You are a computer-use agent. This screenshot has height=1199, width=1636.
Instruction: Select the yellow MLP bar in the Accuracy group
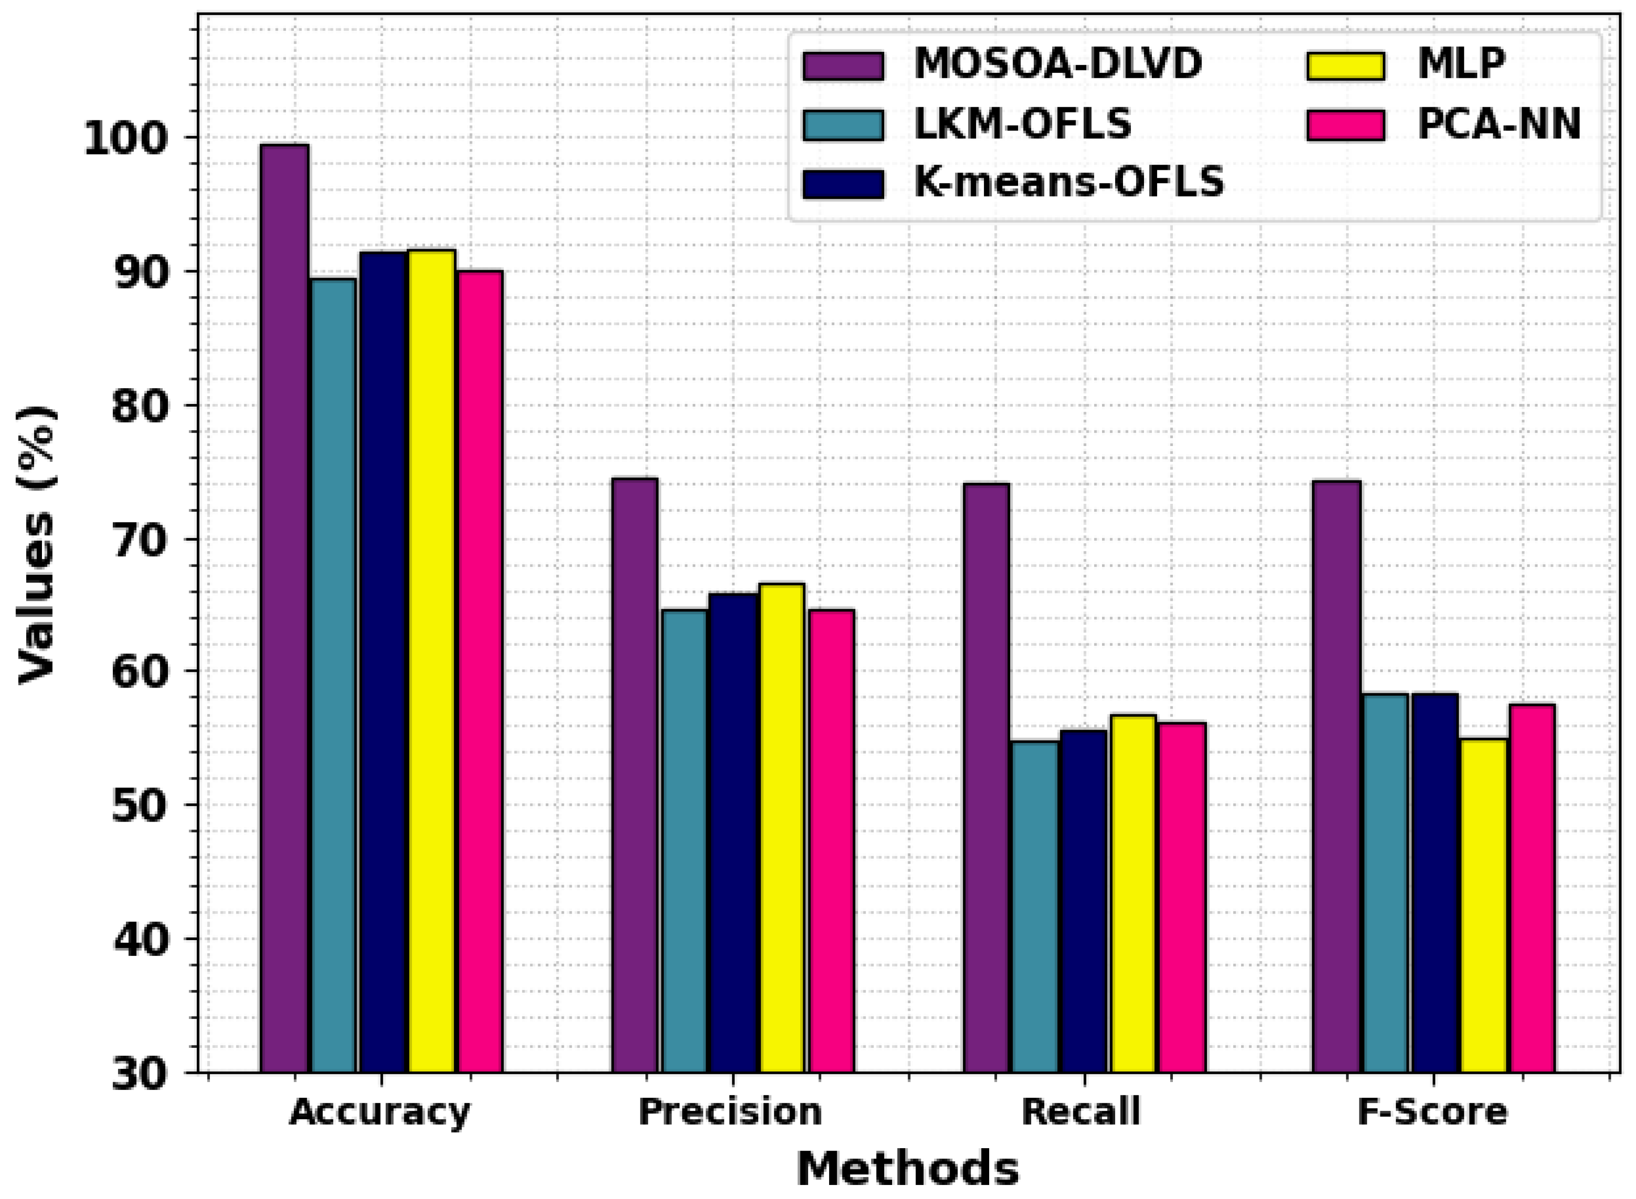[x=432, y=661]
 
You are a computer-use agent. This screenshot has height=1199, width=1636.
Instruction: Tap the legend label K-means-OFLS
[x=1068, y=182]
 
